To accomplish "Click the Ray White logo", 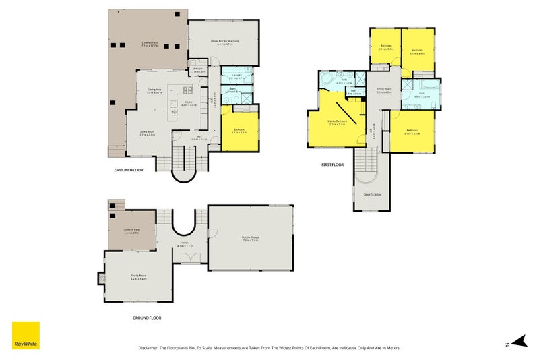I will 26,335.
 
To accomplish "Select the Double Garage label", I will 251,237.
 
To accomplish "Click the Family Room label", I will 138,277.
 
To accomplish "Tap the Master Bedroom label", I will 336,122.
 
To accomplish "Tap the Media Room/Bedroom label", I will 224,42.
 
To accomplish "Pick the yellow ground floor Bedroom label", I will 239,131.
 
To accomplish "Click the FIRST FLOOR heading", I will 332,164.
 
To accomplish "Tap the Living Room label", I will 148,133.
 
